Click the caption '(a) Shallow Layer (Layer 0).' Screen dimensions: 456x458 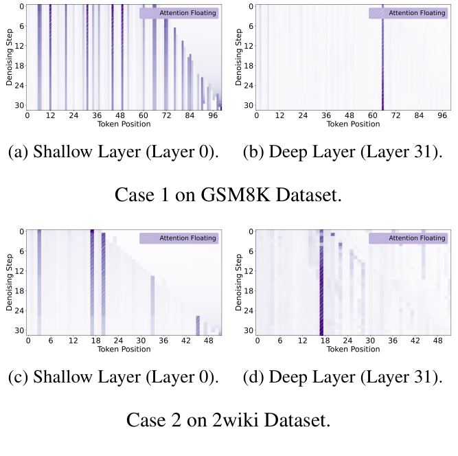(113, 152)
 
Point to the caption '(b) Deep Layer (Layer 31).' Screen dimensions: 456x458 (342, 152)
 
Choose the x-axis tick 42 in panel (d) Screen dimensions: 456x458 (416, 341)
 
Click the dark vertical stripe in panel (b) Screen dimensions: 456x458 (382, 62)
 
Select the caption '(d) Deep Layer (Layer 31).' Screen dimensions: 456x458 (342, 377)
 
